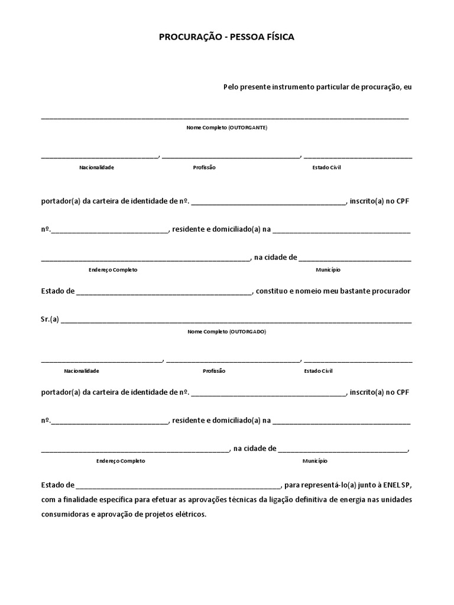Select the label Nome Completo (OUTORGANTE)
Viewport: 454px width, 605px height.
227,128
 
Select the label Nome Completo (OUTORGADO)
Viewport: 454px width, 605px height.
227,332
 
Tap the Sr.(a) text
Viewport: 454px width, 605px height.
50,320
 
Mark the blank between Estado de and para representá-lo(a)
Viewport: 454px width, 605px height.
179,487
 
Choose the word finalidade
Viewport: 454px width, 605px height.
82,500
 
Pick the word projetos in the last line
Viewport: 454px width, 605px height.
158,514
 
